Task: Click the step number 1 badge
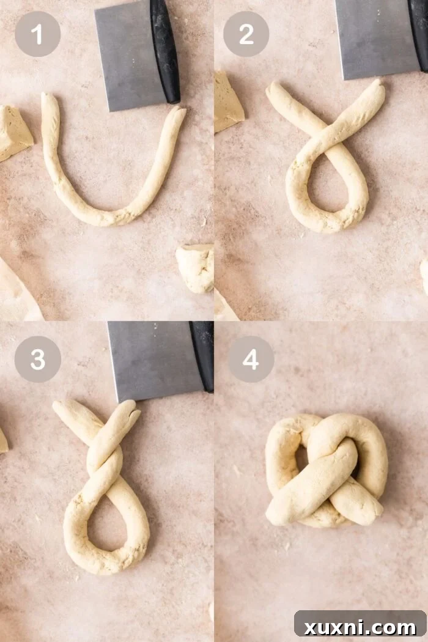point(37,34)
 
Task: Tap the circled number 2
point(246,34)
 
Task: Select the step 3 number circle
point(37,359)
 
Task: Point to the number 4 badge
point(251,359)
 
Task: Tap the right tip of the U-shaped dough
point(178,113)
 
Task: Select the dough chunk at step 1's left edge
point(13,131)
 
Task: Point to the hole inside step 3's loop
point(106,520)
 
